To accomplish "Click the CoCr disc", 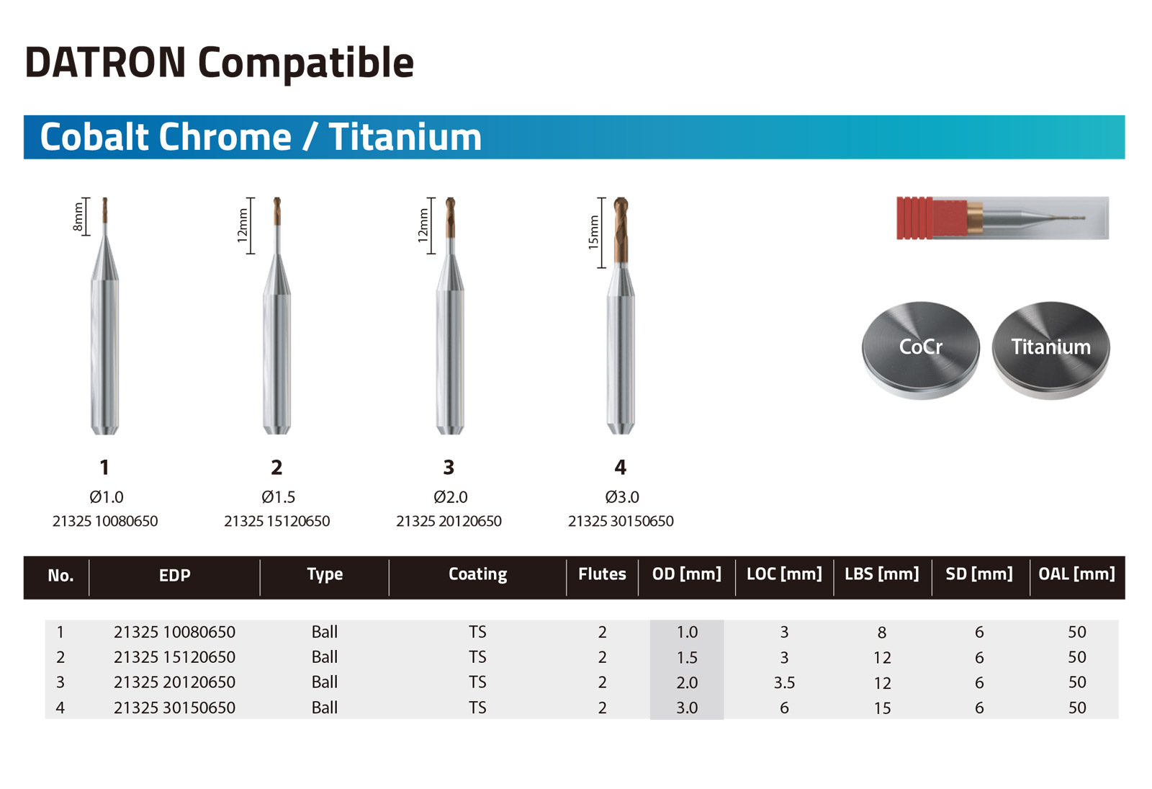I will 920,349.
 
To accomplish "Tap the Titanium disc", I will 1050,349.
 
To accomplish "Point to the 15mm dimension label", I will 593,233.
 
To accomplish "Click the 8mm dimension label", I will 78,217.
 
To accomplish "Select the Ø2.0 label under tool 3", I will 450,497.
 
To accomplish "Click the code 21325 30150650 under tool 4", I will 621,521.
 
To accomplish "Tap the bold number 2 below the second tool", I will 276,468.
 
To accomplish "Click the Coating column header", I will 477,574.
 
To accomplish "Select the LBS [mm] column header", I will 881,574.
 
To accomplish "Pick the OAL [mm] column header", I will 1076,574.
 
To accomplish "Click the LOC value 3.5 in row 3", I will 784,682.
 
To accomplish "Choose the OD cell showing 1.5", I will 687,657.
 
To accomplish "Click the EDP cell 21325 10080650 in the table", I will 174,632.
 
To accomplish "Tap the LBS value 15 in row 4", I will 881,708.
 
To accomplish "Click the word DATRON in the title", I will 105,63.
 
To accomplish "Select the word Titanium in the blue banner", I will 405,137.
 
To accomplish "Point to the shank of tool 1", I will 105,353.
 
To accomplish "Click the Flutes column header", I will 602,574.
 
